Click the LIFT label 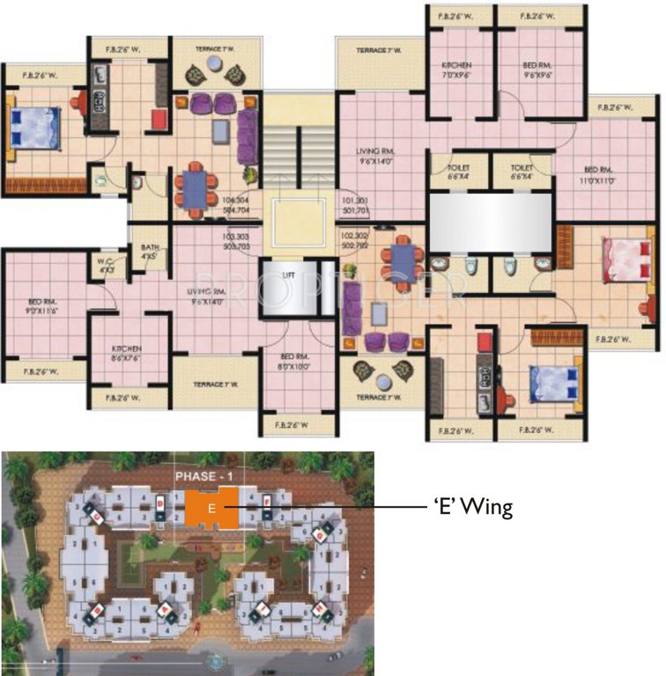(x=288, y=276)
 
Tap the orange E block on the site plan (x=211, y=509)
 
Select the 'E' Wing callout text (x=471, y=508)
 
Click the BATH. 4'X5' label (x=149, y=253)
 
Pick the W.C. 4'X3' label (x=107, y=267)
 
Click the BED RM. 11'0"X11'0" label (x=596, y=174)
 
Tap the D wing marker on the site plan (x=159, y=503)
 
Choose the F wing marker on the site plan (x=267, y=503)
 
